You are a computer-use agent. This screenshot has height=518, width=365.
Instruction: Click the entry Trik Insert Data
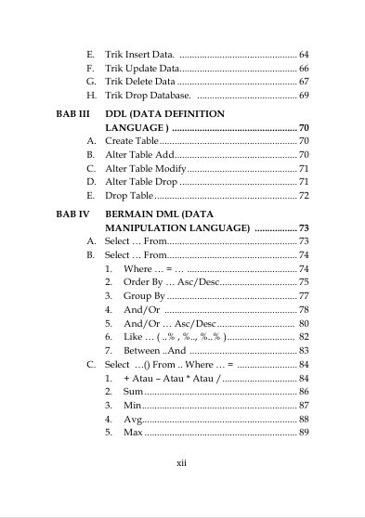[x=138, y=55]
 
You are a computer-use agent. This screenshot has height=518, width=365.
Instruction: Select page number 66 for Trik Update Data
[x=304, y=69]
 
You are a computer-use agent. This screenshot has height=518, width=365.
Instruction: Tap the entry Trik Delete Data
[x=138, y=82]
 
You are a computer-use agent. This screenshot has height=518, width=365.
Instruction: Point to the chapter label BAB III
[x=72, y=112]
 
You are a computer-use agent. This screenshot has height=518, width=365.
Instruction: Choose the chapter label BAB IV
[x=72, y=214]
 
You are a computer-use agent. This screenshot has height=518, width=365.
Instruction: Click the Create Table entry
[x=132, y=140]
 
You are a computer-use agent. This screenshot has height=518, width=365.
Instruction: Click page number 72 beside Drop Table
[x=304, y=196]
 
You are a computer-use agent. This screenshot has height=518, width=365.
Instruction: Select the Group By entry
[x=144, y=295]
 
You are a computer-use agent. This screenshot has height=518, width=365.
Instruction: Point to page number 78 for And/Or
[x=304, y=309]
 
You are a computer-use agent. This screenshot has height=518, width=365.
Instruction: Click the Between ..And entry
[x=155, y=350]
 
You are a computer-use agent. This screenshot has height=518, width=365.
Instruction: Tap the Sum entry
[x=132, y=392]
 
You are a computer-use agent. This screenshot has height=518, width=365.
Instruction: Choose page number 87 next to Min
[x=304, y=406]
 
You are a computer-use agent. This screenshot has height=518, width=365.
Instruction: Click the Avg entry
[x=132, y=420]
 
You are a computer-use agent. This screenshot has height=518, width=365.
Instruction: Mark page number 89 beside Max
[x=304, y=433]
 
